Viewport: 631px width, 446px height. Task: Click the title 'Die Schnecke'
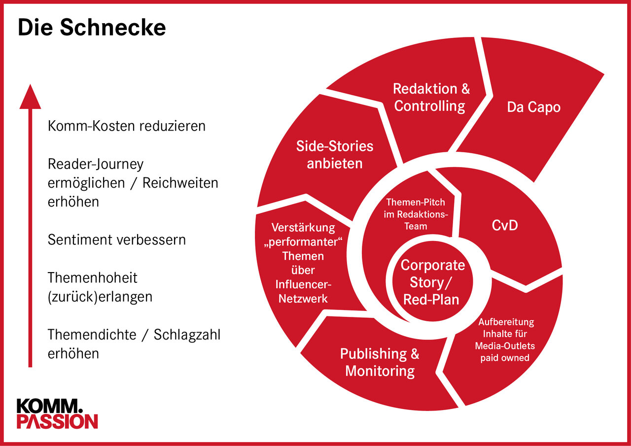pos(92,28)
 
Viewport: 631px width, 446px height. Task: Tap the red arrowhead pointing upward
pos(30,97)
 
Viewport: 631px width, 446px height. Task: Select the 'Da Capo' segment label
pos(533,107)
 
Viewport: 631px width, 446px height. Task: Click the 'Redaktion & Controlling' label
pos(431,97)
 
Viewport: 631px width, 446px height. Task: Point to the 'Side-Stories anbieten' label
pos(335,154)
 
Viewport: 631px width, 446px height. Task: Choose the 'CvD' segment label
pos(505,226)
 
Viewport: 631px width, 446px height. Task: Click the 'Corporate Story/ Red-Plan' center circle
pos(432,282)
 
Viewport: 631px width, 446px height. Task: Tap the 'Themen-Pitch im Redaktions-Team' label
pos(415,214)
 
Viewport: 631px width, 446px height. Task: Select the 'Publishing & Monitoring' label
pos(380,362)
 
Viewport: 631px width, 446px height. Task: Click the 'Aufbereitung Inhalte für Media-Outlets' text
pos(506,334)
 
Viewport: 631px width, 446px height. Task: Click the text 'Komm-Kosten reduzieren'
pos(127,126)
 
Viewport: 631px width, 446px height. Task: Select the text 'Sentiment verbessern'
pos(117,240)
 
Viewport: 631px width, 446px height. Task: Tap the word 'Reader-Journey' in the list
pos(96,164)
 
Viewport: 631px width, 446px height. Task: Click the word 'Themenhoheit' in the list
pos(93,278)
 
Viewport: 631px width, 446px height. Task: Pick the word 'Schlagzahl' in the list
pos(187,335)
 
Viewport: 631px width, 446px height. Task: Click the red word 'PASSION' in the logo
pos(57,421)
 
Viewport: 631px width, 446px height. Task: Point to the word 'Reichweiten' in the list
pos(180,183)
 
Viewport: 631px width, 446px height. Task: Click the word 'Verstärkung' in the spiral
pos(303,228)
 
